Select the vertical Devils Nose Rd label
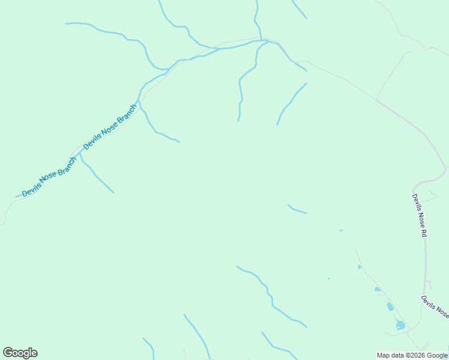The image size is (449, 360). click(x=419, y=215)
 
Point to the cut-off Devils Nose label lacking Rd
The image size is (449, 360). click(x=435, y=307)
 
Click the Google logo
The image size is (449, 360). click(x=20, y=353)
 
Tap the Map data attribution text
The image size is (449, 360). click(x=412, y=356)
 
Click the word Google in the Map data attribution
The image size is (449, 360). click(x=438, y=356)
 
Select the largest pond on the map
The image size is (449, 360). click(x=400, y=325)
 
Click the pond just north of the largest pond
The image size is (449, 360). click(x=390, y=307)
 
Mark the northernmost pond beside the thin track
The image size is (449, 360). click(x=360, y=267)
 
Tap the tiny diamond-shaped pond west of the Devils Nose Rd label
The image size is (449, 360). click(x=341, y=230)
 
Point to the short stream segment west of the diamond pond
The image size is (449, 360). click(x=297, y=209)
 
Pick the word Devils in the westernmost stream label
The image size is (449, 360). click(x=31, y=189)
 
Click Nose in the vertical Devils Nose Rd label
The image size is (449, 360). click(x=419, y=217)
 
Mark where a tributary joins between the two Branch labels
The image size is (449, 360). click(x=80, y=154)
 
